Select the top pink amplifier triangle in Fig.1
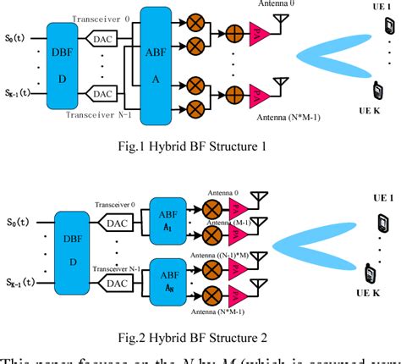pyautogui.click(x=262, y=36)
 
